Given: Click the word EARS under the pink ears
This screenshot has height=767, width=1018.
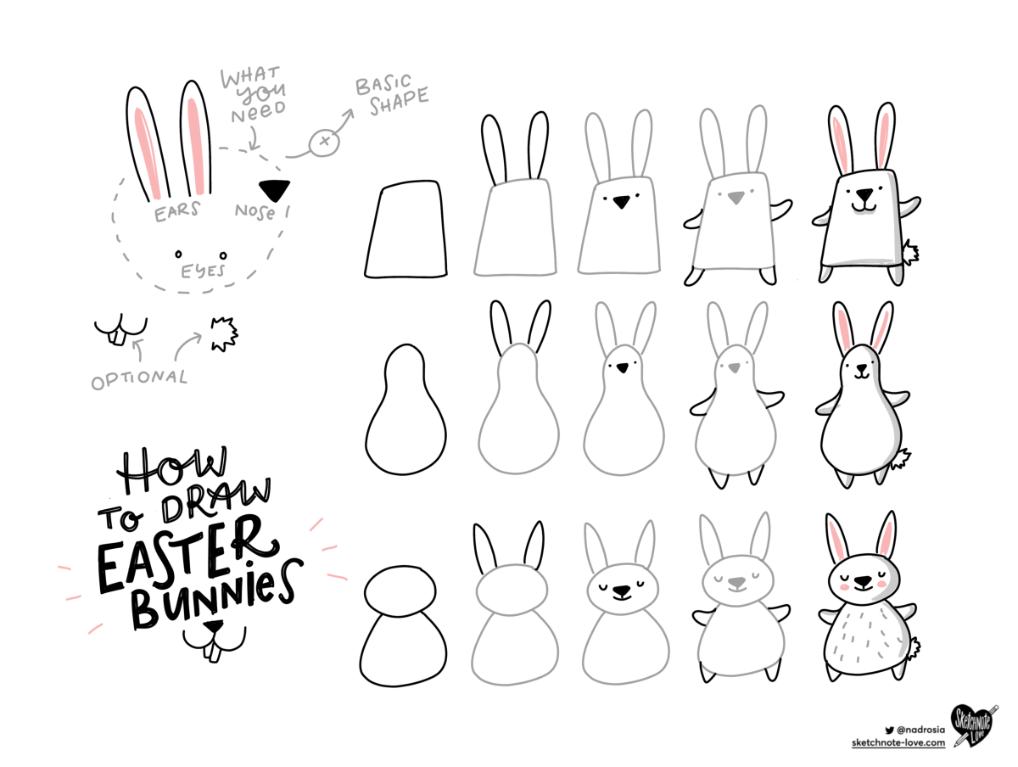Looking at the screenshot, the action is (x=176, y=211).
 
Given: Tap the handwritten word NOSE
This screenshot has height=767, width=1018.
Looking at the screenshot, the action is (x=255, y=211).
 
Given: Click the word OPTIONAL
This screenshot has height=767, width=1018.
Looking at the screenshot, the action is (x=139, y=379).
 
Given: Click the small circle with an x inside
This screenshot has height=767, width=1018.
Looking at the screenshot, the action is (x=324, y=141).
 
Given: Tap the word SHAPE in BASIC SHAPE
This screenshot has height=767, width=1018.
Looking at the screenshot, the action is (x=399, y=102).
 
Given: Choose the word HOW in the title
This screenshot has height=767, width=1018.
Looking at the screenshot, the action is (x=171, y=468).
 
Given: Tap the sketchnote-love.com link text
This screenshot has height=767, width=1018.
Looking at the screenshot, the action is (x=898, y=742).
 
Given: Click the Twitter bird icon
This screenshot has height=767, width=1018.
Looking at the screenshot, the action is (x=889, y=730).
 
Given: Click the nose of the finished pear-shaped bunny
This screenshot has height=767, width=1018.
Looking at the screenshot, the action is (x=861, y=367).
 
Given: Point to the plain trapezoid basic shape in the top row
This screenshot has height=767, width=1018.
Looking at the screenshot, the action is (x=406, y=229).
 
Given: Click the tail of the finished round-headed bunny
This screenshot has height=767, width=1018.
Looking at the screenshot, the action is (x=914, y=647).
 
